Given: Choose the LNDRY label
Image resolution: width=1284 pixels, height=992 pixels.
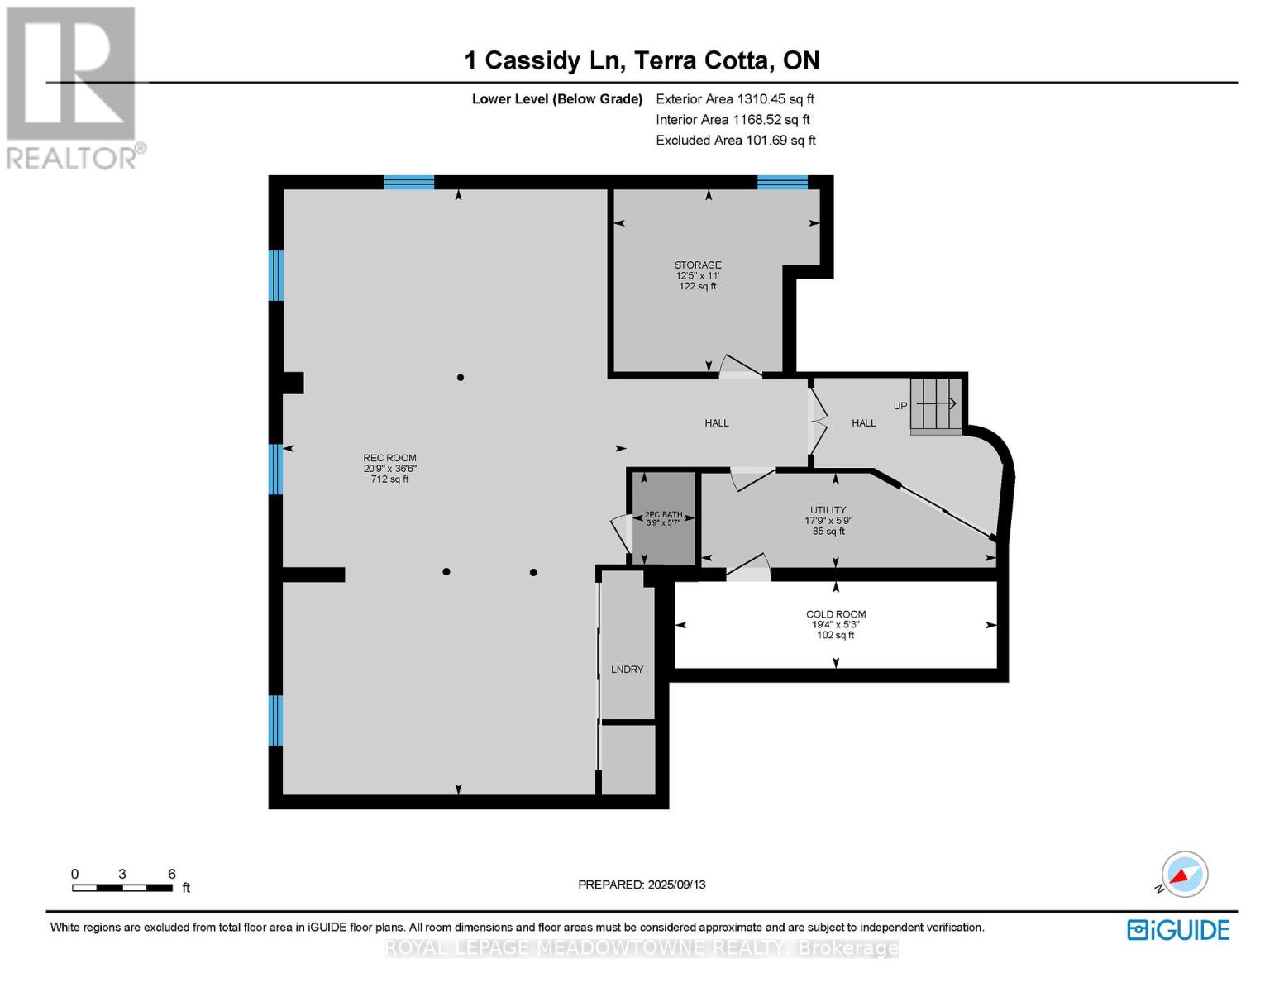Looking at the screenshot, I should coord(627,670).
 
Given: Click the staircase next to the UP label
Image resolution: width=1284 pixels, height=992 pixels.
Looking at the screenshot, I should coord(937,405).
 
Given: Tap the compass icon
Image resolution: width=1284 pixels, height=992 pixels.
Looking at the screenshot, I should coord(1184,875).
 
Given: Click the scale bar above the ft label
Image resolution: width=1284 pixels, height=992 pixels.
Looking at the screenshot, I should coord(122,888).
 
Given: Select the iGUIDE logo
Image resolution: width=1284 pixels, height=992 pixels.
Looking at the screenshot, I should coord(1178,930).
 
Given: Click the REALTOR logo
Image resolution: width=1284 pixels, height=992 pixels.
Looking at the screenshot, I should coord(72,87).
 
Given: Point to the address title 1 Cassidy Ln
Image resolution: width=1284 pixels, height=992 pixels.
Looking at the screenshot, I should coord(642,60).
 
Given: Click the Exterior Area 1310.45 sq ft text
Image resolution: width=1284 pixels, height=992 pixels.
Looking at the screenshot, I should coord(734,99).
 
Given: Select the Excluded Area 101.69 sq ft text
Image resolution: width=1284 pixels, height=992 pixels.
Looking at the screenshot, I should coord(735,141).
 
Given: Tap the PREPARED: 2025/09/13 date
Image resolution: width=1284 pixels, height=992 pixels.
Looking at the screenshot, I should coord(642,885).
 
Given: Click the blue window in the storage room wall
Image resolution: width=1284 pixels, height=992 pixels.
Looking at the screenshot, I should coord(782,183).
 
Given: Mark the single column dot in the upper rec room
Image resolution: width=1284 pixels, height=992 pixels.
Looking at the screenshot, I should coord(461,378).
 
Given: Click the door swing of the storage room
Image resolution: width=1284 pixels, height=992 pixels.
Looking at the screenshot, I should coord(740,367).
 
